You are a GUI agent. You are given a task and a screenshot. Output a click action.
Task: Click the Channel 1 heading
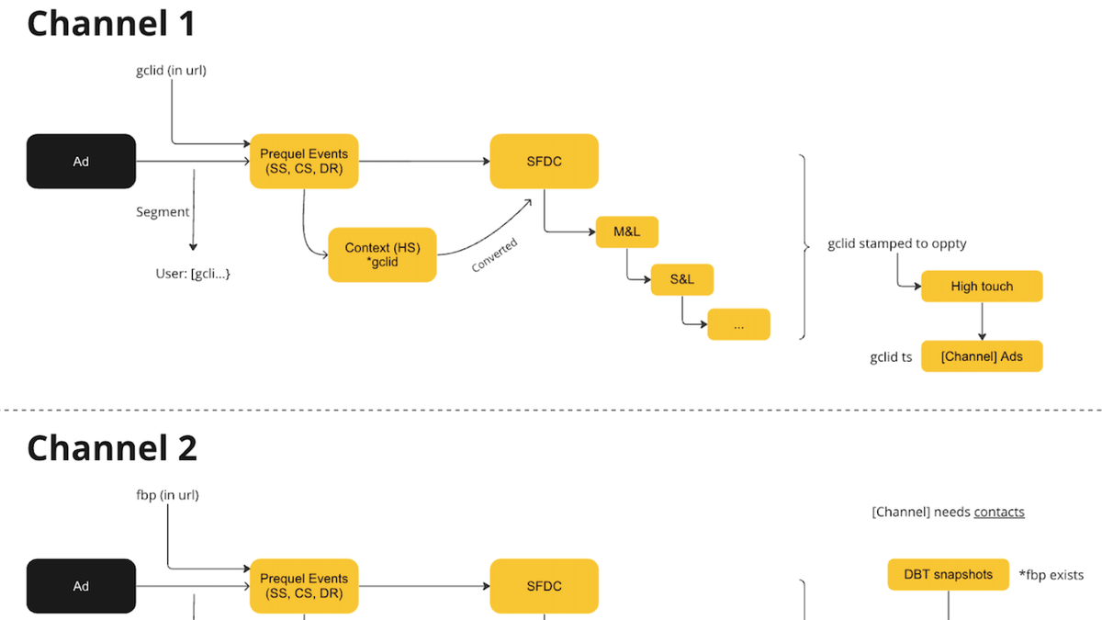pyautogui.click(x=111, y=24)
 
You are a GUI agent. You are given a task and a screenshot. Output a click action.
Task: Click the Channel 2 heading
pyautogui.click(x=112, y=448)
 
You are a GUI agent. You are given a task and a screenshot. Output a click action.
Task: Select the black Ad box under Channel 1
pyautogui.click(x=81, y=162)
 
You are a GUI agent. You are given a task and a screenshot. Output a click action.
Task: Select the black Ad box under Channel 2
pyautogui.click(x=81, y=586)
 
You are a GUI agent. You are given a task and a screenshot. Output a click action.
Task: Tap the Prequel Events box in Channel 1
pyautogui.click(x=304, y=162)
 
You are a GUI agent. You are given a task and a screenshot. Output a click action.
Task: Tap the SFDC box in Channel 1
pyautogui.click(x=544, y=162)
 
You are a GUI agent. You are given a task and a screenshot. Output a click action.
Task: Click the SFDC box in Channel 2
pyautogui.click(x=544, y=586)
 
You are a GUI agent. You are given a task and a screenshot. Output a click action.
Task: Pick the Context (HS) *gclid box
pyautogui.click(x=382, y=255)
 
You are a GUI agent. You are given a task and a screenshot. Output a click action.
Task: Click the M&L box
pyautogui.click(x=626, y=231)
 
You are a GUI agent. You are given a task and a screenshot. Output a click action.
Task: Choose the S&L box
pyautogui.click(x=681, y=279)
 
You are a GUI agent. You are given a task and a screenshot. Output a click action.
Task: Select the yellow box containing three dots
pyautogui.click(x=737, y=325)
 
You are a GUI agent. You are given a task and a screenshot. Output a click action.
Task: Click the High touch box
pyautogui.click(x=982, y=287)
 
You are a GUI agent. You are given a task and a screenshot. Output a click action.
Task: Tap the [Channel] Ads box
pyautogui.click(x=982, y=356)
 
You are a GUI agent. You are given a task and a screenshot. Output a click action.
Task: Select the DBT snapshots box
pyautogui.click(x=948, y=575)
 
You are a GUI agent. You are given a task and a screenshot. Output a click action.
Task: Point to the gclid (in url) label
pyautogui.click(x=171, y=70)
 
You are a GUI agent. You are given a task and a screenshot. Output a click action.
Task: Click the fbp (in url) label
pyautogui.click(x=167, y=495)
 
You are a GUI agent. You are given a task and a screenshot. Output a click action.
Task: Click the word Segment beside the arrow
pyautogui.click(x=163, y=212)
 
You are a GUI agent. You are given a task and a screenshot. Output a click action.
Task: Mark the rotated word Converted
pyautogui.click(x=495, y=255)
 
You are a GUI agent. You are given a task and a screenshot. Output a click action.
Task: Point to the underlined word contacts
pyautogui.click(x=999, y=512)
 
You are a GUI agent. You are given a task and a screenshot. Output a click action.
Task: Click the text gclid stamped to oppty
pyautogui.click(x=896, y=243)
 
